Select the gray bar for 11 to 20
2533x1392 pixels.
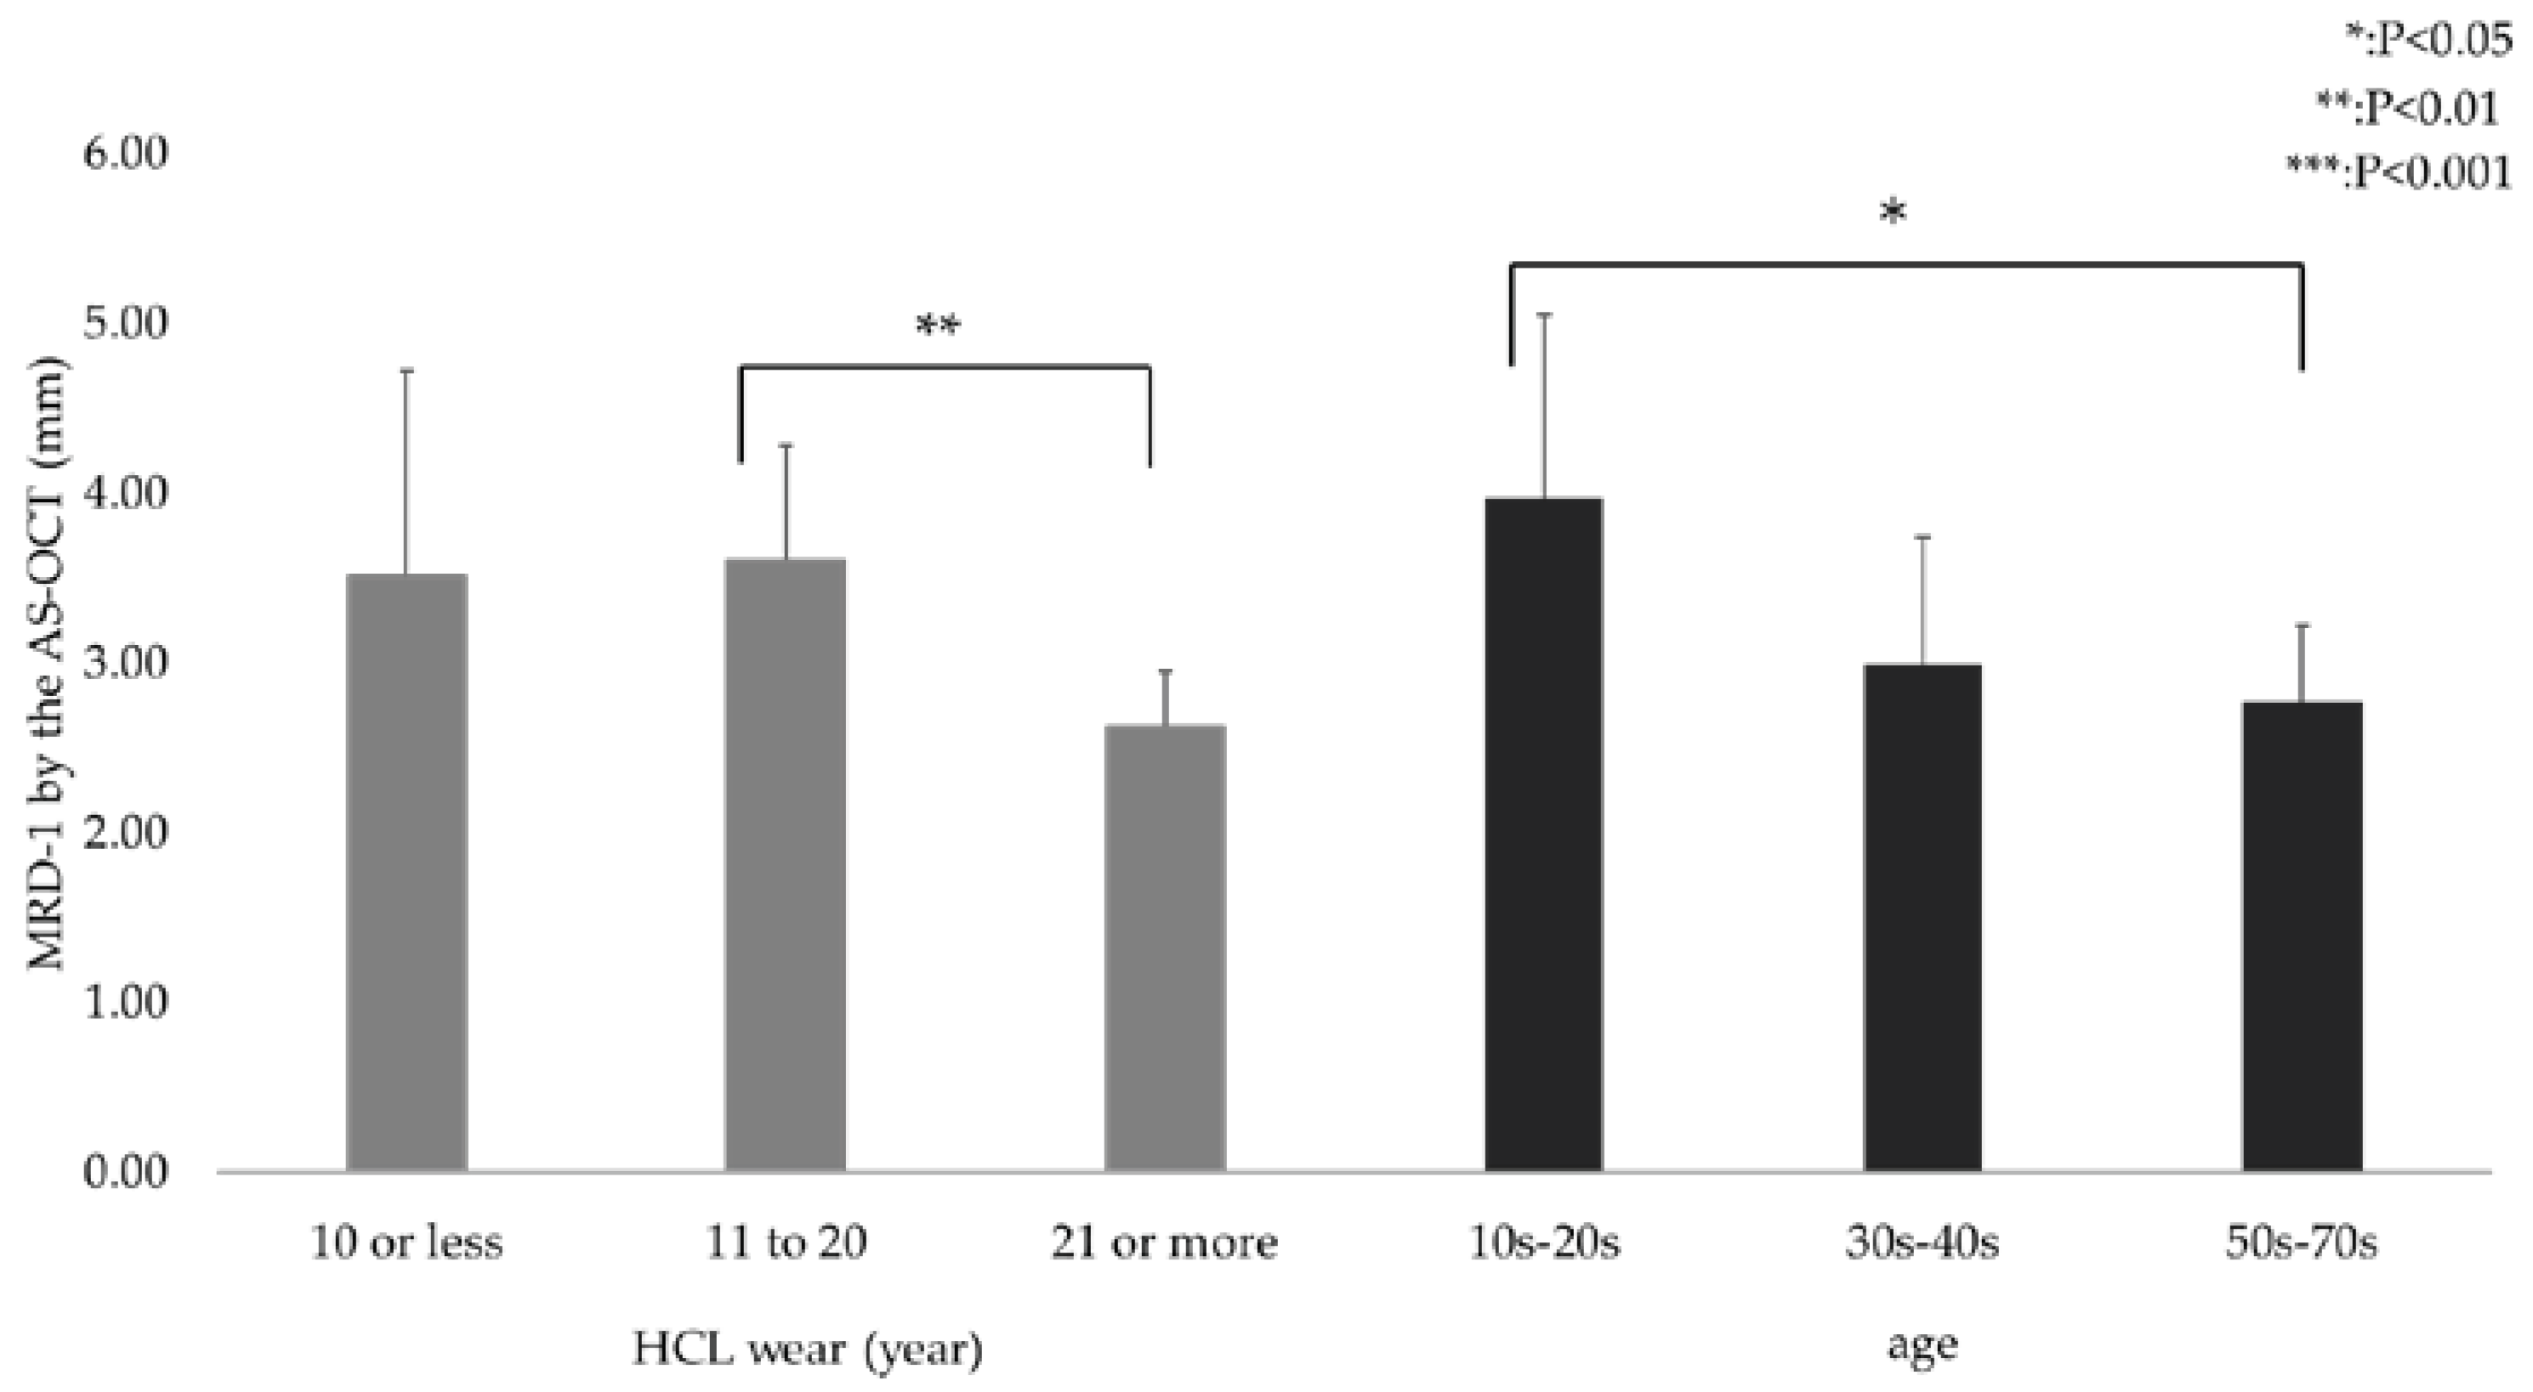coord(785,864)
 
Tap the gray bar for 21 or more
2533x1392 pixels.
coord(1165,948)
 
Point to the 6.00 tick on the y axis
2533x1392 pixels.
coord(125,155)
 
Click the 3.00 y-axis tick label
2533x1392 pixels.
coord(125,664)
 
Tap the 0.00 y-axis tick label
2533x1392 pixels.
coord(125,1173)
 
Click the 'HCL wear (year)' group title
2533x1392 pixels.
coord(807,1349)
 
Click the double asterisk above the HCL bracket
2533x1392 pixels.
coord(937,325)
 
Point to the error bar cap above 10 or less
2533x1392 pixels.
coord(407,371)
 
